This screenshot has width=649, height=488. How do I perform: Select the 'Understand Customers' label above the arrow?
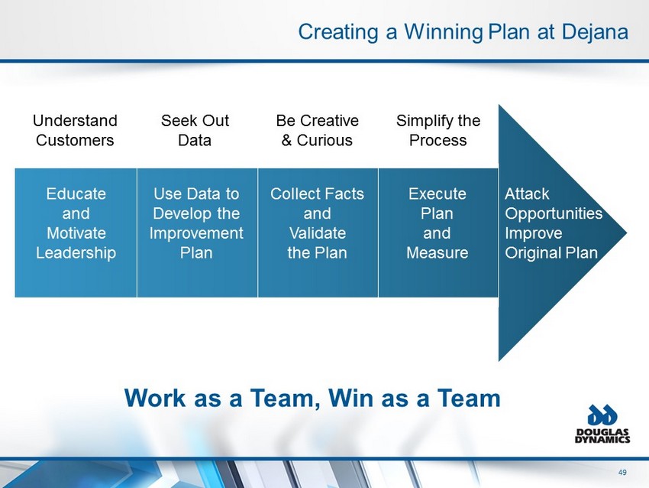coord(76,130)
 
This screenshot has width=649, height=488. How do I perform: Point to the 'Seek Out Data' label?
coord(195,130)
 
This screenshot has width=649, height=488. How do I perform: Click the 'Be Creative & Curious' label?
coord(317,130)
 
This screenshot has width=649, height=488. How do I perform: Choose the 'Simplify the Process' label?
coord(438,130)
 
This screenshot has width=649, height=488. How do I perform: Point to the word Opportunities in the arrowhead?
coord(554,213)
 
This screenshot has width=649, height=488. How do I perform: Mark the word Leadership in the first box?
coord(76,252)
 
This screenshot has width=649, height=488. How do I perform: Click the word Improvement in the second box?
coord(196,233)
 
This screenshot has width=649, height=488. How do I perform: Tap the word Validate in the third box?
coord(317,233)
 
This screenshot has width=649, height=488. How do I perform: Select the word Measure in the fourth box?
coord(438,252)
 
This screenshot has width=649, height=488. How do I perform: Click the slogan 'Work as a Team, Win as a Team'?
coord(313,398)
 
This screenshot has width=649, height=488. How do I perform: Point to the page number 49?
coord(624,471)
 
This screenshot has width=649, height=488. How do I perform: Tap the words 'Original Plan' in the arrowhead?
coord(551,252)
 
